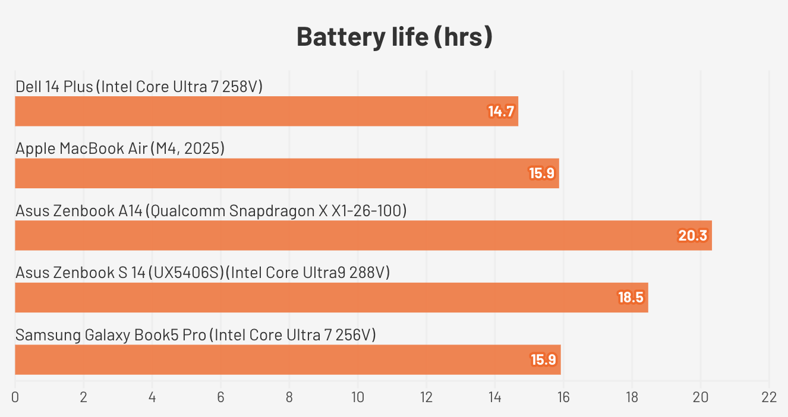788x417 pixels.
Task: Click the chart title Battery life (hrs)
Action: click(394, 37)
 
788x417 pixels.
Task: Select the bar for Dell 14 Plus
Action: click(266, 111)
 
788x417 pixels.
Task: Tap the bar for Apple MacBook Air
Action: click(286, 173)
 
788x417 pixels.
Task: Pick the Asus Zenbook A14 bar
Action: click(363, 235)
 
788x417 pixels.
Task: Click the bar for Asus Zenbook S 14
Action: click(331, 298)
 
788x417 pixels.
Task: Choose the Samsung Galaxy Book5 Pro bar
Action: click(288, 360)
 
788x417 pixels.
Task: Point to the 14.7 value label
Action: click(500, 112)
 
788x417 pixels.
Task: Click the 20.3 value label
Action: click(693, 236)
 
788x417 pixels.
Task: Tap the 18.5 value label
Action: click(631, 298)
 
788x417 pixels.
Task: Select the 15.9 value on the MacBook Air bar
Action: click(541, 173)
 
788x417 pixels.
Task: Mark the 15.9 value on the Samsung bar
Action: click(543, 360)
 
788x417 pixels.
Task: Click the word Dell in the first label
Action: click(29, 87)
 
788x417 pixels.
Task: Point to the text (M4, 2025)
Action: click(187, 149)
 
